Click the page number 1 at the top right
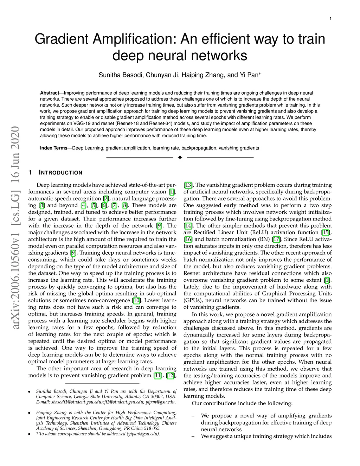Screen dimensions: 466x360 (331, 18)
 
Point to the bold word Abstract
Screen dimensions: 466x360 (50, 93)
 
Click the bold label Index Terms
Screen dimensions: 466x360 (53, 148)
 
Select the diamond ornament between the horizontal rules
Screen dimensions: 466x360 (180, 157)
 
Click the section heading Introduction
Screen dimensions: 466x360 (60, 173)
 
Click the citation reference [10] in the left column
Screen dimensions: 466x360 (136, 300)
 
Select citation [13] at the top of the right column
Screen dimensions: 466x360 (188, 185)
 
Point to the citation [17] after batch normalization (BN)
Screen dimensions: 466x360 (276, 239)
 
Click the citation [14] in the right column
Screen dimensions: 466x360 (188, 226)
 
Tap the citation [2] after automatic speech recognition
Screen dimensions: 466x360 (105, 199)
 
